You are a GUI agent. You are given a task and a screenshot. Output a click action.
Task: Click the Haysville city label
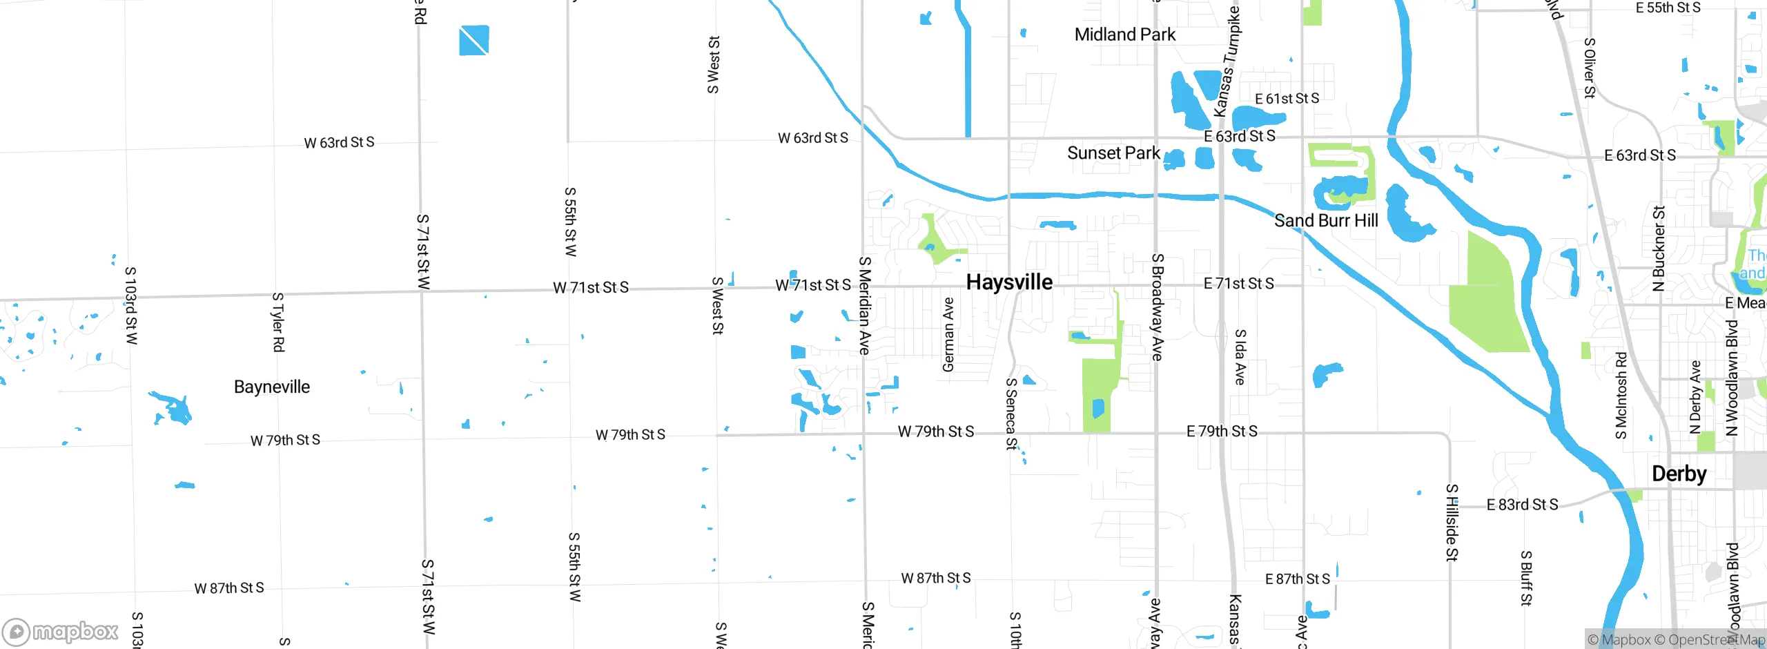point(1009,282)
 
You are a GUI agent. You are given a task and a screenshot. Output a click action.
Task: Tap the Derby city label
point(1679,474)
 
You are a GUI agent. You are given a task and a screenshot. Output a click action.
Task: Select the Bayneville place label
point(272,387)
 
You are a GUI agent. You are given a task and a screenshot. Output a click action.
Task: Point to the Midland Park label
point(1124,35)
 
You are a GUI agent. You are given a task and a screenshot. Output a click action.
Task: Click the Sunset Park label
point(1113,153)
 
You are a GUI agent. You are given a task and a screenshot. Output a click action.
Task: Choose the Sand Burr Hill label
point(1325,220)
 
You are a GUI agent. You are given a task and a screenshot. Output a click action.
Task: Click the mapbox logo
point(61,631)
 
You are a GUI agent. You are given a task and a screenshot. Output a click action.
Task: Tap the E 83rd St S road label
point(1522,505)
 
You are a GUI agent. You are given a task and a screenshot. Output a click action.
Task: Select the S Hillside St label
point(1452,522)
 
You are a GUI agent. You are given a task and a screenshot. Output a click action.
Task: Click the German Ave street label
point(948,334)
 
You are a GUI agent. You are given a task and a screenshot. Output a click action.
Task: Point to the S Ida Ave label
point(1240,357)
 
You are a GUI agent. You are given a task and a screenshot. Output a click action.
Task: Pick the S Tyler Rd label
point(277,322)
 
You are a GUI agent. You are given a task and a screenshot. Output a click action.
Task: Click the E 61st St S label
point(1287,99)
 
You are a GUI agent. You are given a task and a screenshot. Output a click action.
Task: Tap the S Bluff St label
point(1526,578)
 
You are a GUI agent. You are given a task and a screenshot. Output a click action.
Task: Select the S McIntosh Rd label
point(1621,395)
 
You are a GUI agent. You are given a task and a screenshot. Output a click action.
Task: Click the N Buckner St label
point(1659,248)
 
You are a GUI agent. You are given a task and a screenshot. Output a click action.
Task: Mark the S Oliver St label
point(1589,68)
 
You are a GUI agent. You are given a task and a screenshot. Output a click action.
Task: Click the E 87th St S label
point(1297,579)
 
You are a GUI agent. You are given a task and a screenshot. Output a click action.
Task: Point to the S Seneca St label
point(1011,414)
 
